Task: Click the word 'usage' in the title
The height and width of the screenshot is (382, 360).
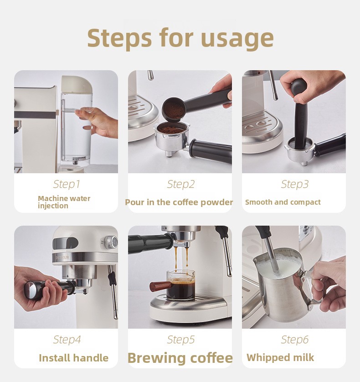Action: point(237,38)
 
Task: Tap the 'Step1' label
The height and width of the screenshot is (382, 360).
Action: point(67,184)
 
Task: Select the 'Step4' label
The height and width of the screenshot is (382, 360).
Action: point(67,340)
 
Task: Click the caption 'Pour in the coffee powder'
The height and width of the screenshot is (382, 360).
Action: point(179,202)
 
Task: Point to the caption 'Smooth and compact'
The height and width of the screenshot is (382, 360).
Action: point(283,202)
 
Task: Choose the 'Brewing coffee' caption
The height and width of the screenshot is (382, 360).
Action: point(180,358)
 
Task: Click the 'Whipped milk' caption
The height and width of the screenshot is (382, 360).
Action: point(280,358)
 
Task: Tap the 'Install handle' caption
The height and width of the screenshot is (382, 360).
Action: point(73,358)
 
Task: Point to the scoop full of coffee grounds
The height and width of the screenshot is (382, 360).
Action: point(173,109)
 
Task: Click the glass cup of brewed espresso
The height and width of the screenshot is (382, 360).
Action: point(180,284)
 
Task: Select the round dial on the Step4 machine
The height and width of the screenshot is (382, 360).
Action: point(112,242)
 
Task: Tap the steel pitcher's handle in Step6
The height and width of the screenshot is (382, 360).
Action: point(309,290)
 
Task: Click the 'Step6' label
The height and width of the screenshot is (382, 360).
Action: point(294,340)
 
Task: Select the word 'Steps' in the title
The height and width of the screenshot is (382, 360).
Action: point(119,38)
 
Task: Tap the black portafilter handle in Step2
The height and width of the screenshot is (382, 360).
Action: point(211,150)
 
